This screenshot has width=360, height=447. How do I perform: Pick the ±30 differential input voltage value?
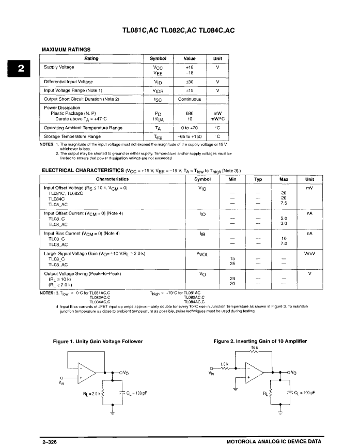pyautogui.click(x=189, y=82)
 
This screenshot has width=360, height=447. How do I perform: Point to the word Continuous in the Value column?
pyautogui.click(x=189, y=99)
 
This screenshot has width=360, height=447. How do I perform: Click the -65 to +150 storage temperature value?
pyautogui.click(x=189, y=136)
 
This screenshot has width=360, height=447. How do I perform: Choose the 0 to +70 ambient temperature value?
pyautogui.click(x=189, y=128)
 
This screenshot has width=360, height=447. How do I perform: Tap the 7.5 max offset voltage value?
pyautogui.click(x=284, y=203)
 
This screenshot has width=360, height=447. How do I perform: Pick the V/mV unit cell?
pyautogui.click(x=309, y=254)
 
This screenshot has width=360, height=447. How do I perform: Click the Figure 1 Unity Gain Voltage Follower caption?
pyautogui.click(x=98, y=342)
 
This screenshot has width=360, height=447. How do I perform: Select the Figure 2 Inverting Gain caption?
pyautogui.click(x=260, y=342)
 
